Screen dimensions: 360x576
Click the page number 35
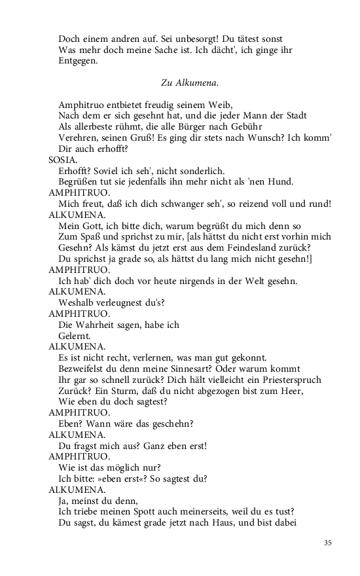[328, 543]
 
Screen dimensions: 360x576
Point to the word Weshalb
[77, 302]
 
